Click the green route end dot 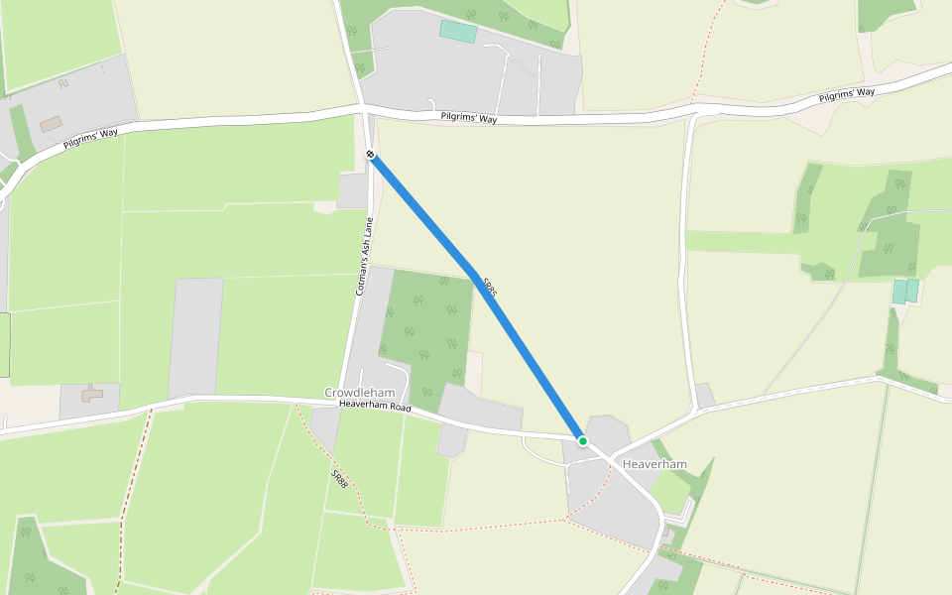583,441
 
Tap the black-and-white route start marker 369,154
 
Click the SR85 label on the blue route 488,288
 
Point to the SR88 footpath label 339,478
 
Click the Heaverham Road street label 374,406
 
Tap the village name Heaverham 654,464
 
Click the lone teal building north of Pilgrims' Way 457,31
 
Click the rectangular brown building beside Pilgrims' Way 51,124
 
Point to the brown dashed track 136,476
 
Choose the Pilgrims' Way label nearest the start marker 469,119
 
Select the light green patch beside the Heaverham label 669,491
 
